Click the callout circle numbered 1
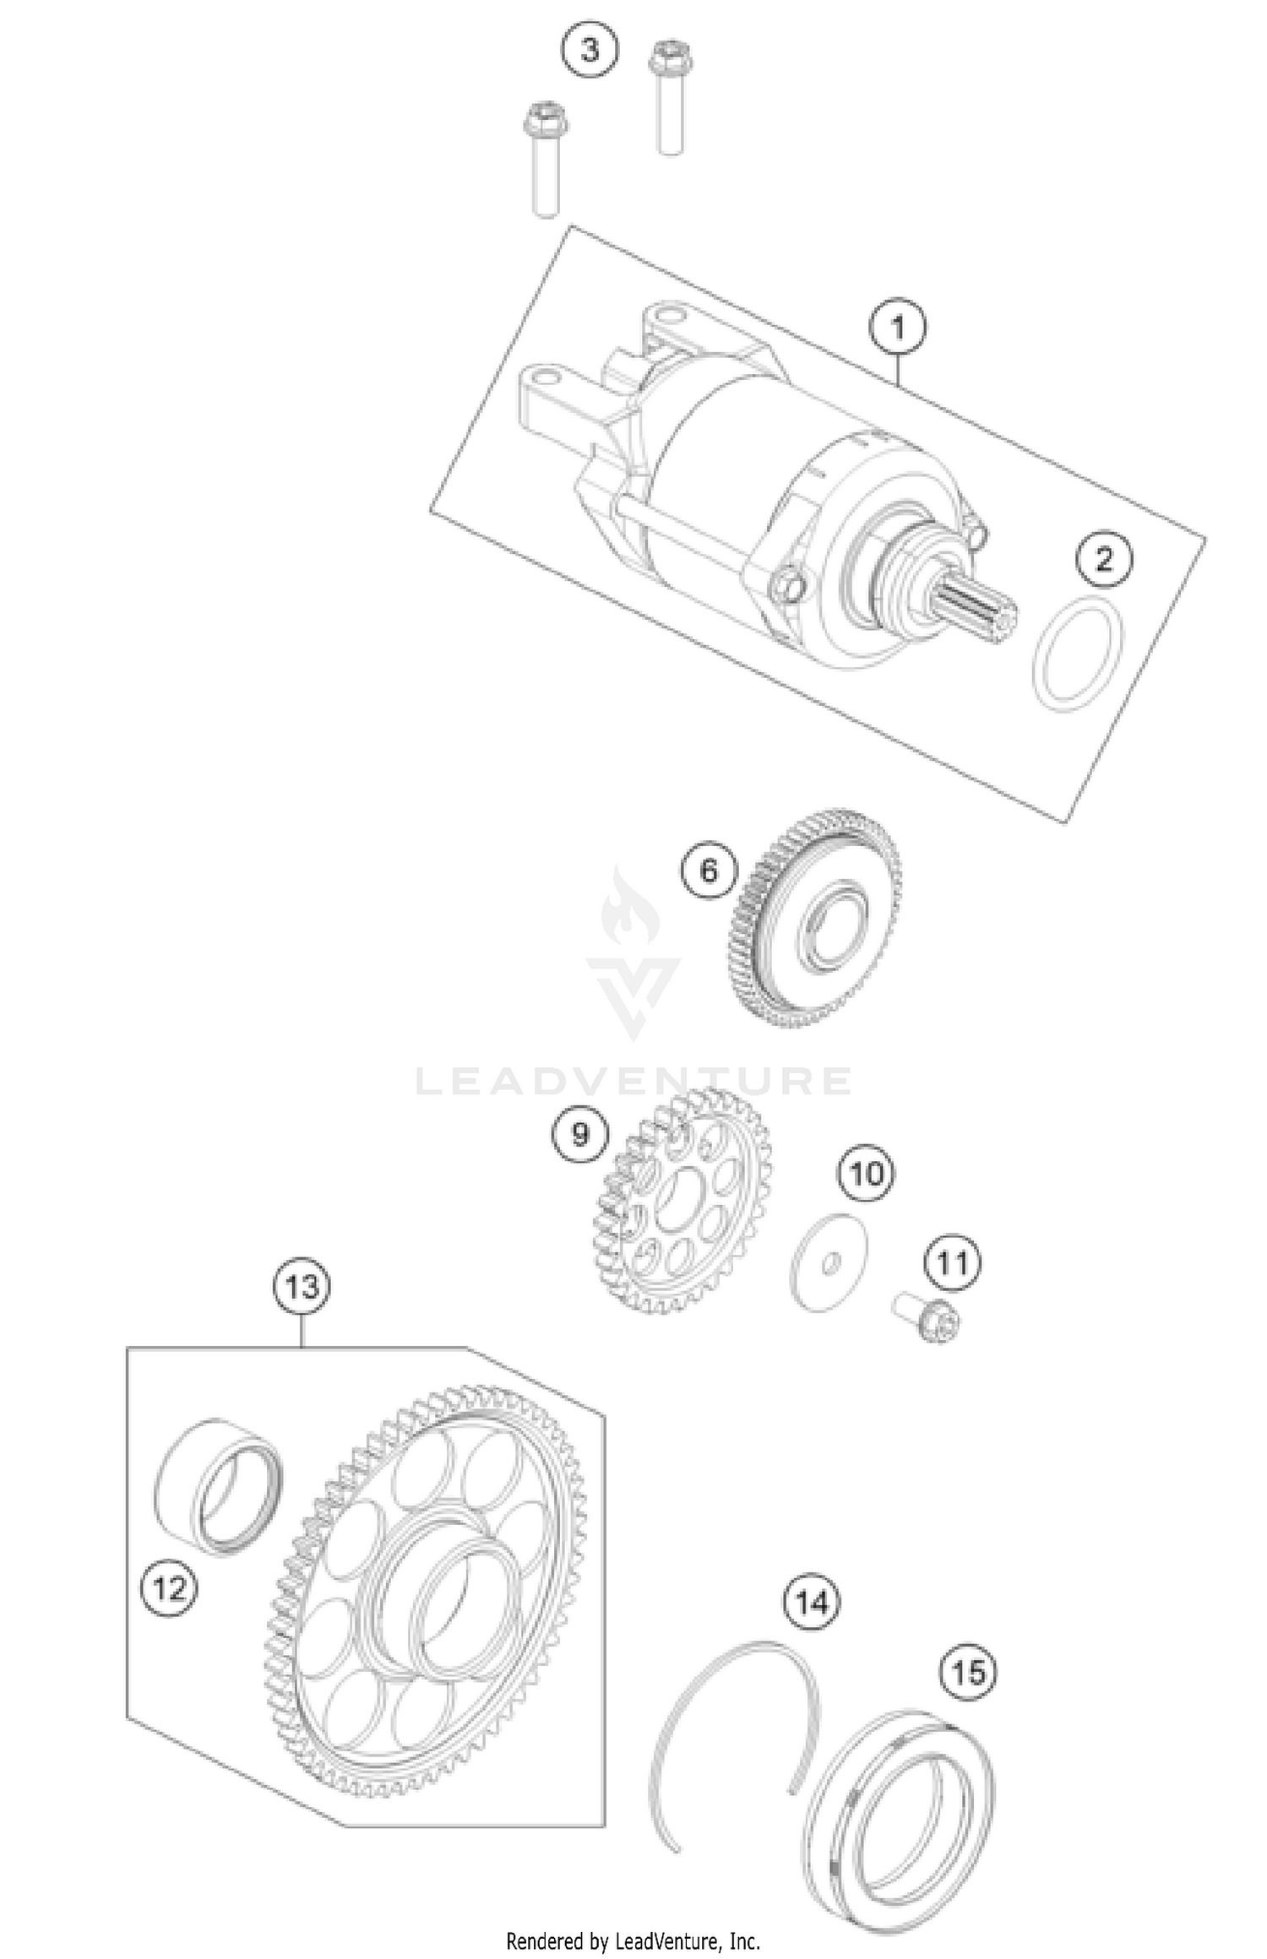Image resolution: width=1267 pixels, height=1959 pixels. click(899, 328)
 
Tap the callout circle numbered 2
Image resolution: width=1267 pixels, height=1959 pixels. click(1104, 560)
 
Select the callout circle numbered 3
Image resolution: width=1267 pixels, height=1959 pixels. click(590, 50)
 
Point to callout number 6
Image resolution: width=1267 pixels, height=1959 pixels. click(709, 870)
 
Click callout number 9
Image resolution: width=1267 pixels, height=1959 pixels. click(579, 1134)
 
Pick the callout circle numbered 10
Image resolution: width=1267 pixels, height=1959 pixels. click(867, 1174)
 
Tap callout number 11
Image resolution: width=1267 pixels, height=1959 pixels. click(952, 1264)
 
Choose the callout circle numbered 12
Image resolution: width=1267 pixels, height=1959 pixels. click(170, 1589)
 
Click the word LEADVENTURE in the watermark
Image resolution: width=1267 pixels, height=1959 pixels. click(633, 1082)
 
